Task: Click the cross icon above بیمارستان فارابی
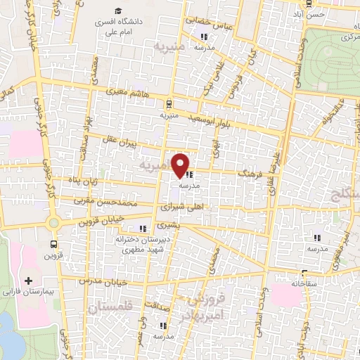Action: (x=27, y=280)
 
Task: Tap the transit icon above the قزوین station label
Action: (x=53, y=244)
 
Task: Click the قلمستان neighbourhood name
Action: (x=110, y=307)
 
